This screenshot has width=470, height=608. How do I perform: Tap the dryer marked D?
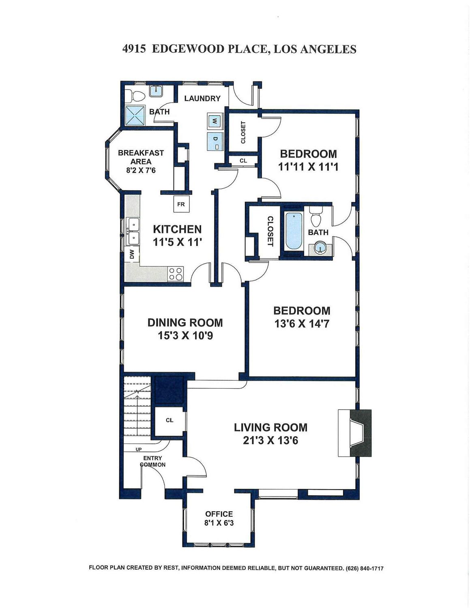(x=215, y=141)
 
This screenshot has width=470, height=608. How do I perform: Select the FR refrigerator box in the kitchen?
(x=181, y=204)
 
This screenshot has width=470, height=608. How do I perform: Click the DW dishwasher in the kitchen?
(x=132, y=254)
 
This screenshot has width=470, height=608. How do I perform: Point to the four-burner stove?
(x=176, y=274)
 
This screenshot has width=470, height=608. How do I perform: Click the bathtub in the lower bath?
(x=294, y=231)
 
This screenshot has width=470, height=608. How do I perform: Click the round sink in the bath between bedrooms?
(x=320, y=248)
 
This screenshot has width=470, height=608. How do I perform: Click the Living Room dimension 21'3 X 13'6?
(x=270, y=441)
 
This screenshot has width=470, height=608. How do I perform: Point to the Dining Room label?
(x=185, y=323)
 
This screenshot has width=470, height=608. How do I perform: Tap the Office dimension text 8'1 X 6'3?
(x=219, y=522)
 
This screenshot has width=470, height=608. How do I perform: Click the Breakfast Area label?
(x=141, y=157)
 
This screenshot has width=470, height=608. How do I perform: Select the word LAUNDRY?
(x=202, y=98)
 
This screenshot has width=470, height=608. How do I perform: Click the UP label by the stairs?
(x=139, y=450)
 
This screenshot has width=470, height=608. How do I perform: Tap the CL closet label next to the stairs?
(x=170, y=420)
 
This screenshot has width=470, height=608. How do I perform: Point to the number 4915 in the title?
(x=134, y=49)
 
